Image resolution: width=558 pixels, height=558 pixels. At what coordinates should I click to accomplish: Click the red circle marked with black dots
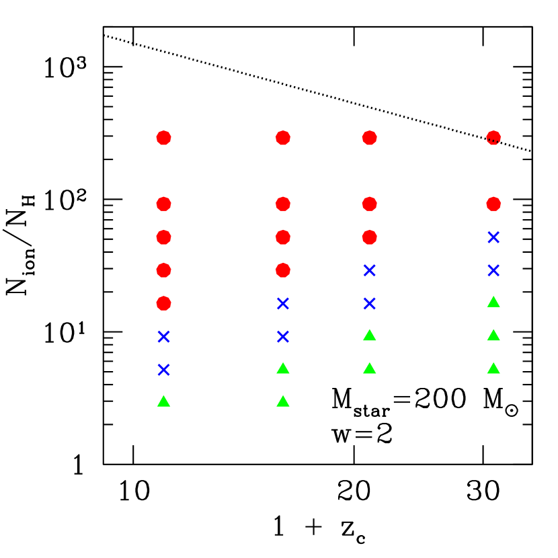point(493,138)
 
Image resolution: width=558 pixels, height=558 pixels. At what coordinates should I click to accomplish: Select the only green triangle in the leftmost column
point(163,401)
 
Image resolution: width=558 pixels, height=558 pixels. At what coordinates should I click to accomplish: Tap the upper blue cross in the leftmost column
point(163,337)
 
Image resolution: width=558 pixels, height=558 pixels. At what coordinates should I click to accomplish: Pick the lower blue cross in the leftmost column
point(163,370)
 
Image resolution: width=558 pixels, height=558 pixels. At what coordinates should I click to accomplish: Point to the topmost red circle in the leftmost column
point(163,138)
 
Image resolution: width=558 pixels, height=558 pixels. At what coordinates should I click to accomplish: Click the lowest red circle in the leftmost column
point(163,303)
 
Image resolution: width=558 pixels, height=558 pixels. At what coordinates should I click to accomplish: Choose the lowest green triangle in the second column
point(283,401)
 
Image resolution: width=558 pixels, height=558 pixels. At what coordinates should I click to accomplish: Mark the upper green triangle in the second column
point(283,368)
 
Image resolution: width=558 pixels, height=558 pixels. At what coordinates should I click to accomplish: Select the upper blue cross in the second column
point(283,303)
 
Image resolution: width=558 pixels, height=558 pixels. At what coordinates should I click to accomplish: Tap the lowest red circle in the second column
point(283,270)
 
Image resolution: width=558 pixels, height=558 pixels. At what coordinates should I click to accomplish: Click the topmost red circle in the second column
point(283,138)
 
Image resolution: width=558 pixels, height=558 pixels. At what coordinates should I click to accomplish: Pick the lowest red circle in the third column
point(369,237)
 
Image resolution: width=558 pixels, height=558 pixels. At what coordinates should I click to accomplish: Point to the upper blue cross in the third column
point(369,270)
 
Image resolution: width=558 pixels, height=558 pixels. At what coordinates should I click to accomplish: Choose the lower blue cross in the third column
point(369,303)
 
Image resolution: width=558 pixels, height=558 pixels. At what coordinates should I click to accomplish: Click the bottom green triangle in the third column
point(369,368)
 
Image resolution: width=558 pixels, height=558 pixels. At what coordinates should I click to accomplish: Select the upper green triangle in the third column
point(369,335)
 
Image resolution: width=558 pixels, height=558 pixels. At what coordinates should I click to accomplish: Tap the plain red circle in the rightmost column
point(493,204)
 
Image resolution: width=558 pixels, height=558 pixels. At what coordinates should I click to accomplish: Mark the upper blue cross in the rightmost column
point(493,237)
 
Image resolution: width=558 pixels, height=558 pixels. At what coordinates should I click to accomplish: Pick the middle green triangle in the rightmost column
point(493,335)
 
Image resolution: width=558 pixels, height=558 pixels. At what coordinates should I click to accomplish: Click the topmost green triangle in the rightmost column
point(493,303)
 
